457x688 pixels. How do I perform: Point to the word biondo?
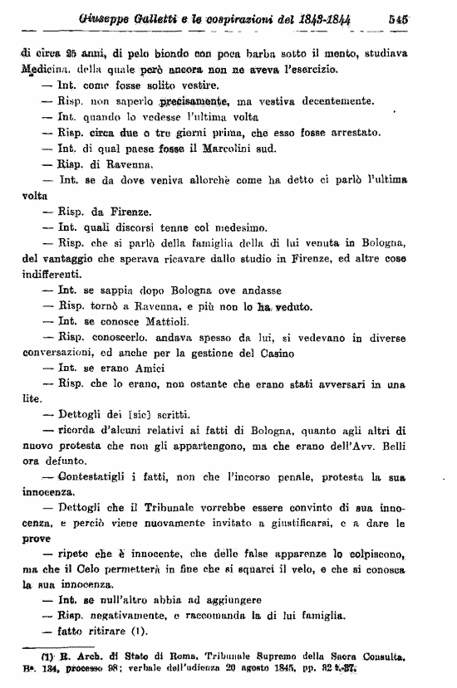tap(169, 54)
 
